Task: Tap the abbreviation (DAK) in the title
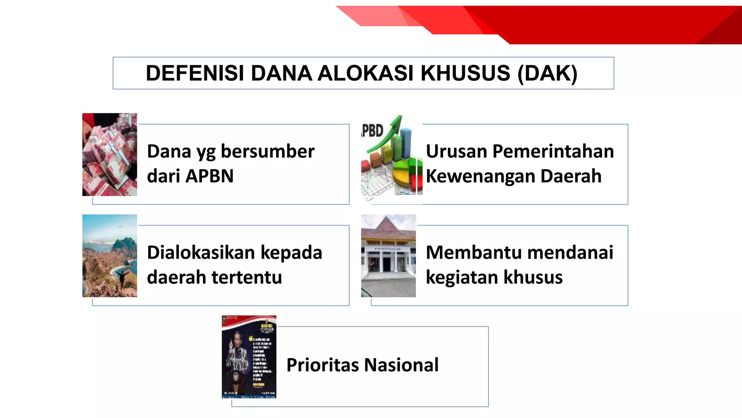pos(547,73)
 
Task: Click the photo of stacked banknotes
pos(109,155)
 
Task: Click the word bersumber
pos(267,152)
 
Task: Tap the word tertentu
pos(247,278)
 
